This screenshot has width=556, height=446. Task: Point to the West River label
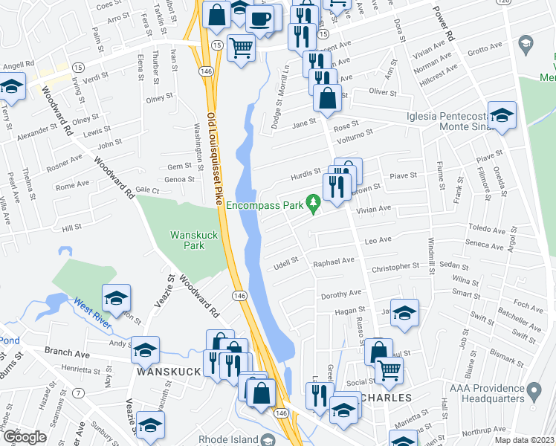tap(92, 306)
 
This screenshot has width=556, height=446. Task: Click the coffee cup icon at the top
tap(259, 19)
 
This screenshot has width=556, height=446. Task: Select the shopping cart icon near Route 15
tap(241, 48)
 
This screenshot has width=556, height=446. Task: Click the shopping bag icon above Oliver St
tap(327, 97)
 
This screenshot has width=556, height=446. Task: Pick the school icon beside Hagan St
tap(404, 313)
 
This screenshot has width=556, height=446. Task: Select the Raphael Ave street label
tap(334, 262)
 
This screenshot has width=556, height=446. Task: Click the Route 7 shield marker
tap(80, 392)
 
